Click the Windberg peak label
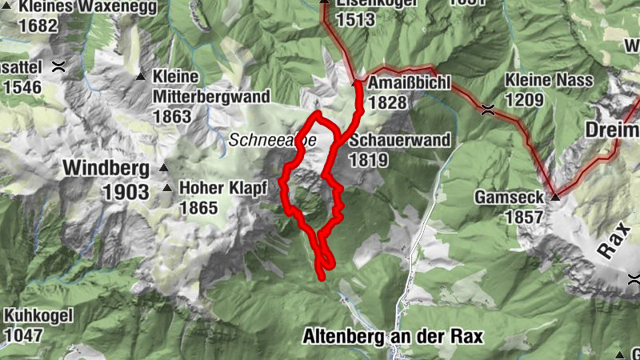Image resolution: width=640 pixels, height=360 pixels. coord(106,169)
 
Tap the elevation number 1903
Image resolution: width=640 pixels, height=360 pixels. coord(126,192)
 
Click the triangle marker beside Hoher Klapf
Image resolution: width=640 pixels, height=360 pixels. coord(167,189)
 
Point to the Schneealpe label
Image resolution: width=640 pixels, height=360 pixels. coord(273,140)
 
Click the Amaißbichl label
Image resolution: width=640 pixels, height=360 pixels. coord(410,83)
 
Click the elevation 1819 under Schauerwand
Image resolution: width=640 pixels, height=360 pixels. coord(368,160)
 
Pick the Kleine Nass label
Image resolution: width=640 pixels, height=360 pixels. coord(550,81)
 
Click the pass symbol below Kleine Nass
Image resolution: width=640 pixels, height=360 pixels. coord(487,110)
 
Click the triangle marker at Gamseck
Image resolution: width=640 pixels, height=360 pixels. coord(553,195)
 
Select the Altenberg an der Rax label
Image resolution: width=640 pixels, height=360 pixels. coord(393,337)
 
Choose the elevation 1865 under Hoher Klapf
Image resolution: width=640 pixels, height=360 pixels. coord(199,208)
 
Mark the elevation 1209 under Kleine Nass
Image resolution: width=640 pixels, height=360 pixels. coord(524,100)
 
